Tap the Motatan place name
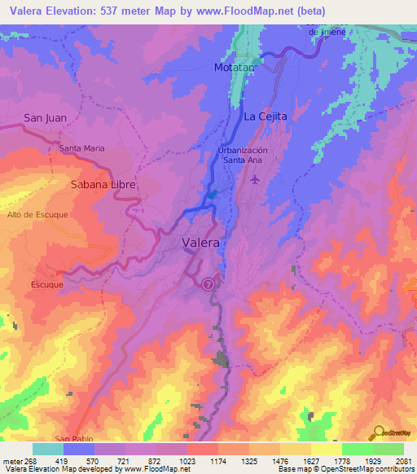(x=235, y=68)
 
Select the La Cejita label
(x=266, y=116)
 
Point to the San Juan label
(x=45, y=118)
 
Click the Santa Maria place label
(x=82, y=148)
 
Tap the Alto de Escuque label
(x=37, y=214)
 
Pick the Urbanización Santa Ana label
(x=254, y=156)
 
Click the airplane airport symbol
(x=256, y=179)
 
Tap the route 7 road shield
(x=209, y=284)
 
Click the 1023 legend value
(x=187, y=460)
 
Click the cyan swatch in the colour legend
(x=48, y=449)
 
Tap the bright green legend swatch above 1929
(x=358, y=449)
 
